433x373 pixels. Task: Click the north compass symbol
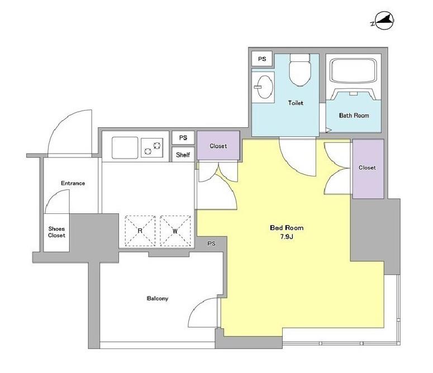pos(384,21)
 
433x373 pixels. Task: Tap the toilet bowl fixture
pos(300,70)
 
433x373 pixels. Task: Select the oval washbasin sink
pos(265,87)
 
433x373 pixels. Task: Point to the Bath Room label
pos(354,116)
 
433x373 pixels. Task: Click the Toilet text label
pos(296,103)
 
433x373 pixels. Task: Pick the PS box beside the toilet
pos(262,59)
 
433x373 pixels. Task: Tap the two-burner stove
pos(152,147)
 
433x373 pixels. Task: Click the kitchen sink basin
pos(125,147)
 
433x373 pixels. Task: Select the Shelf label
pos(183,155)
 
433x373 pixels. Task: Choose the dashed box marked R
pos(140,231)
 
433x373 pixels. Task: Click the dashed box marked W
pos(175,231)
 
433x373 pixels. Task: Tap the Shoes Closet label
pos(56,232)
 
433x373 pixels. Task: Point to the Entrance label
pos(73,183)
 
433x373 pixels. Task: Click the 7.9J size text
pos(287,237)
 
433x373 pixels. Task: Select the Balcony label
pos(158,299)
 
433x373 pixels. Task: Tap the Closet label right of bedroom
pos(367,168)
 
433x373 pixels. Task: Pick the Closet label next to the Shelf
pos(218,146)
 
